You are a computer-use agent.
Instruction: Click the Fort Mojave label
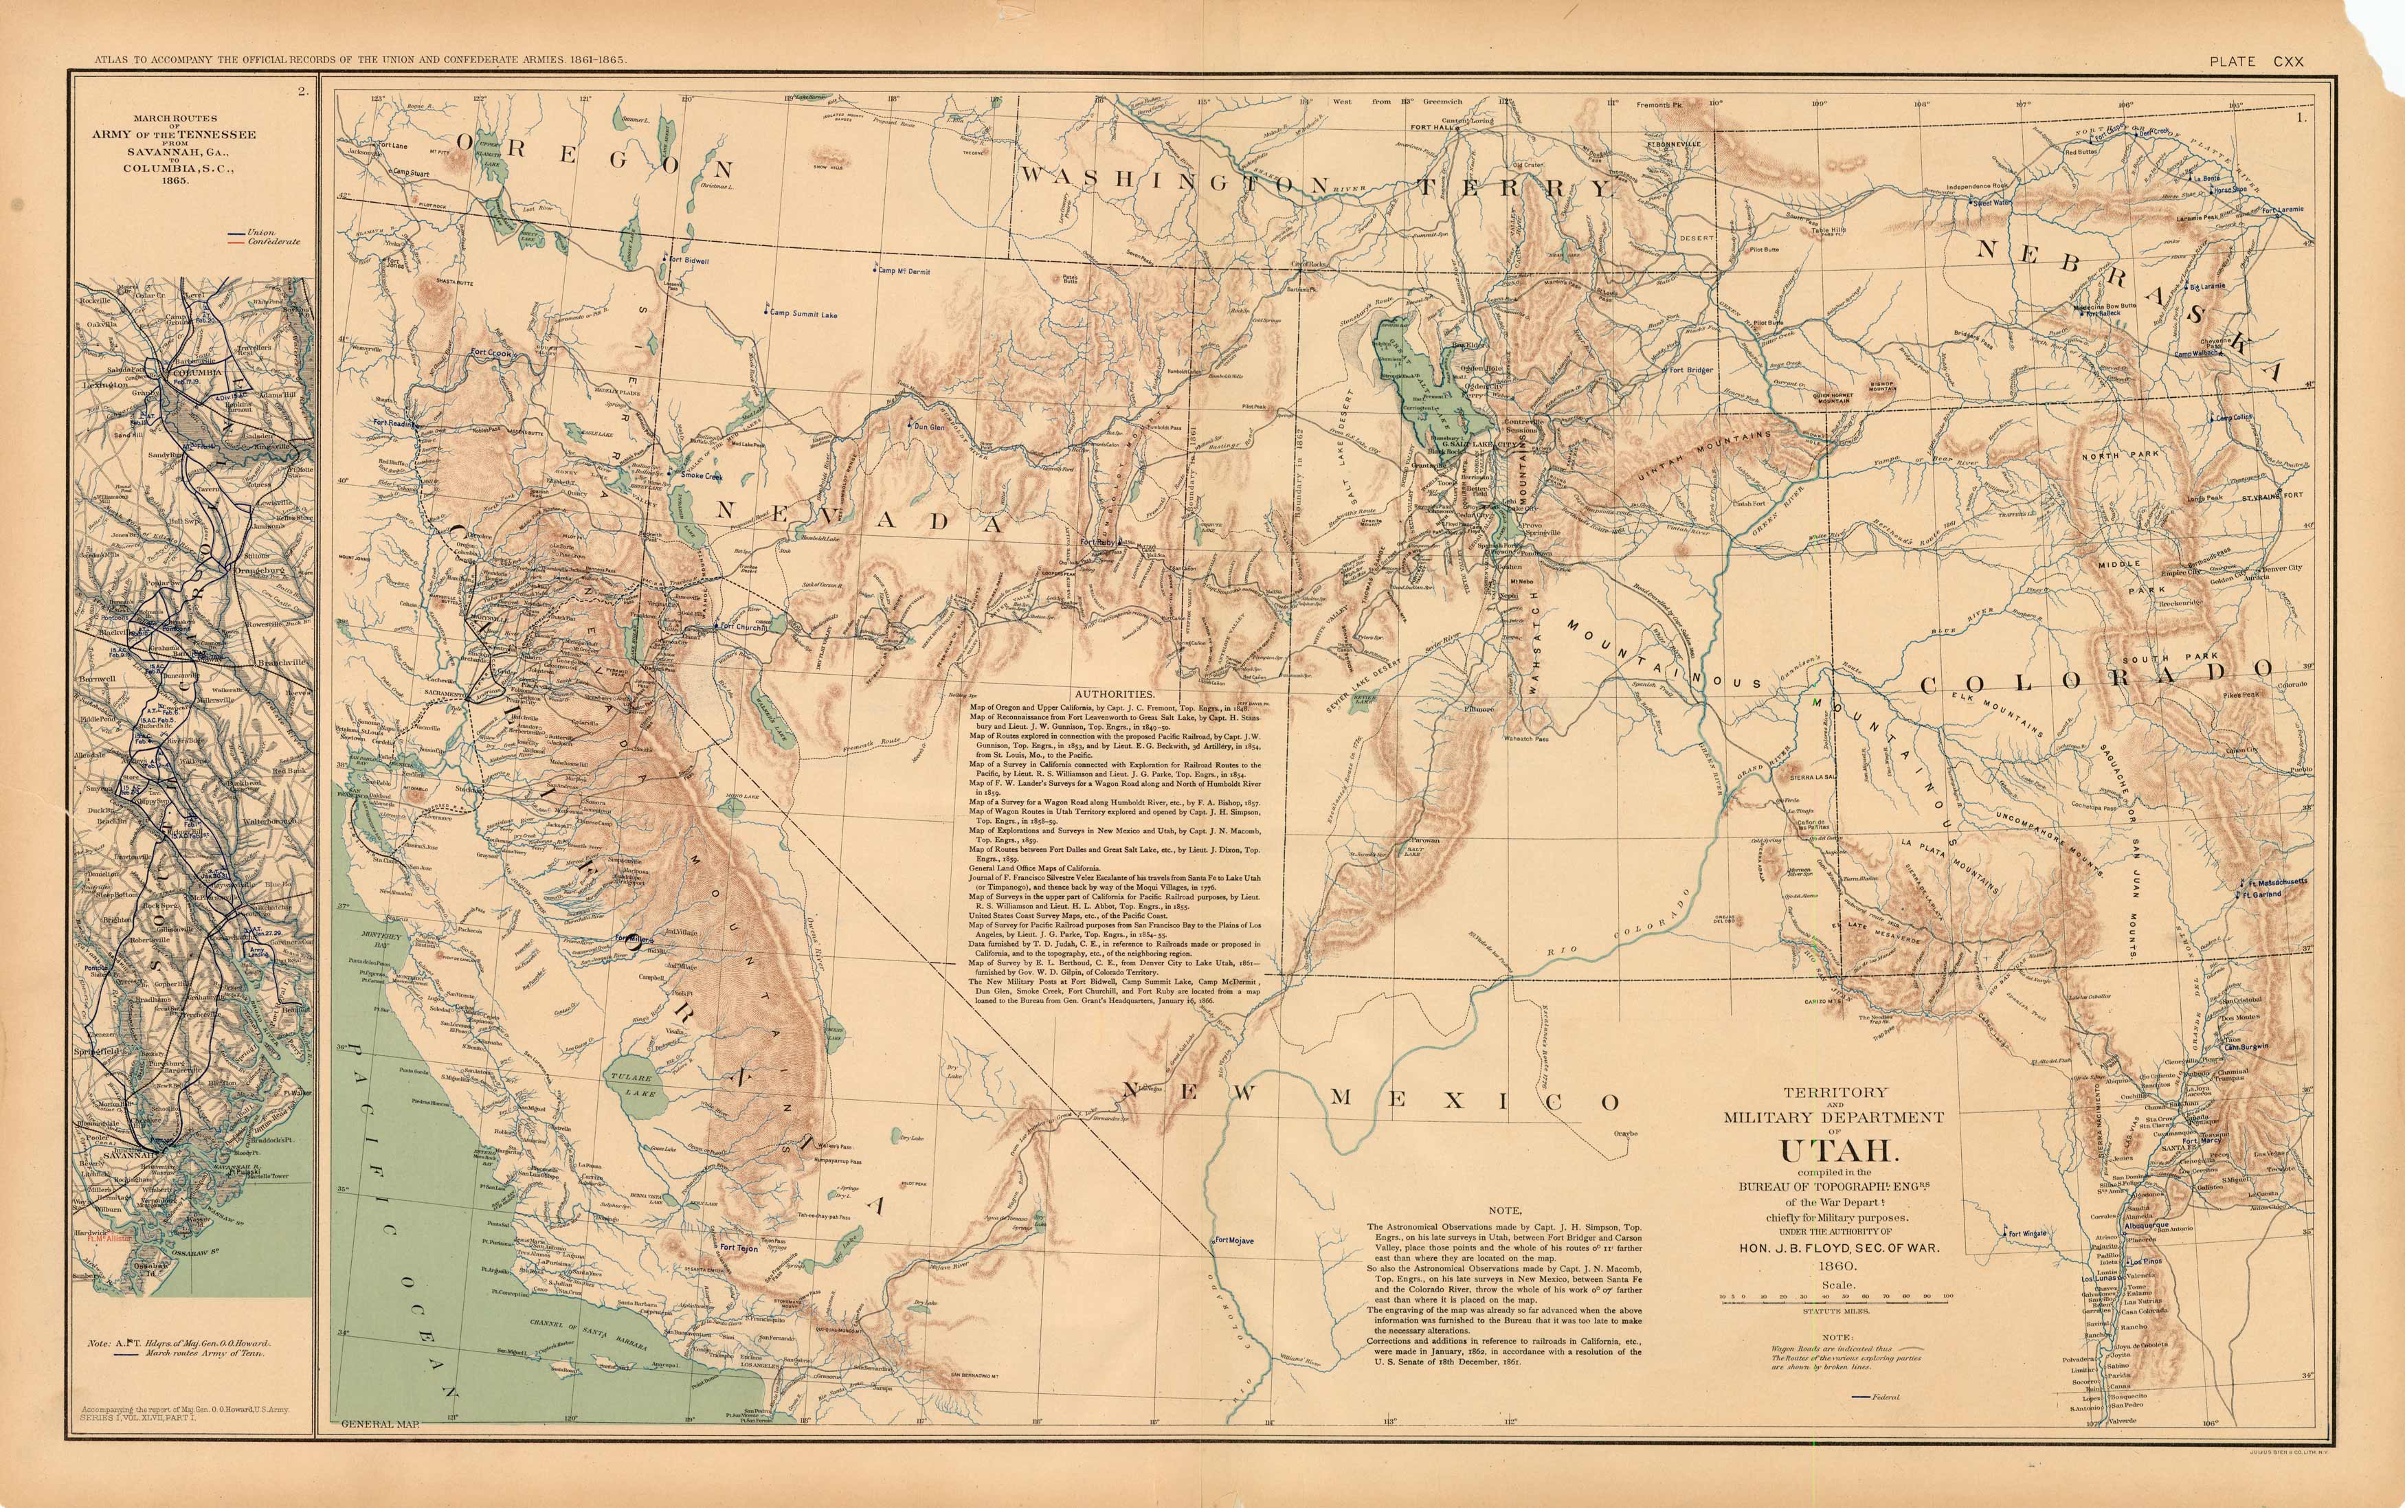click(x=1234, y=1241)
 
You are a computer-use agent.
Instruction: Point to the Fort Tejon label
click(x=739, y=1248)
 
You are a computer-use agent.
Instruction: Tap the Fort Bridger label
click(x=1691, y=370)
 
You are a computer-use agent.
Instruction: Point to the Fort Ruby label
click(x=1101, y=543)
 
